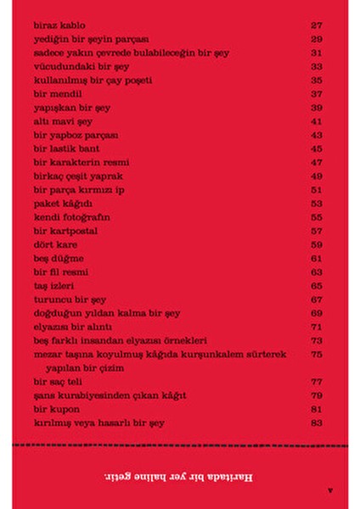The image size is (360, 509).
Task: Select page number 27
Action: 318,25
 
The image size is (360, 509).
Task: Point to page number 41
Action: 318,121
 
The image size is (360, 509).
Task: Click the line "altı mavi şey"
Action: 63,121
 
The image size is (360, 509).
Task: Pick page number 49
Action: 318,176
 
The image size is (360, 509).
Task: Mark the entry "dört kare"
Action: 55,244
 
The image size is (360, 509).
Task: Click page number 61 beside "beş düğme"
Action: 318,258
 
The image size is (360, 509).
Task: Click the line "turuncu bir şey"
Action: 67,299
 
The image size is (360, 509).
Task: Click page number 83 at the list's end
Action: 318,422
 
